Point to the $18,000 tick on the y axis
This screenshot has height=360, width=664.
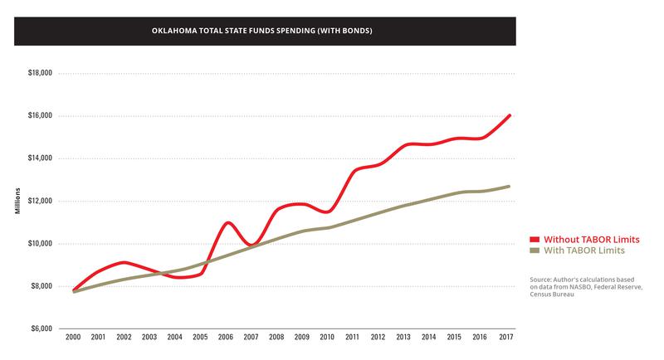[x=37, y=73]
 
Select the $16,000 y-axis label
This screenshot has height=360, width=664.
[x=37, y=116]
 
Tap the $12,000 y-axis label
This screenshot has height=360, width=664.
[x=37, y=201]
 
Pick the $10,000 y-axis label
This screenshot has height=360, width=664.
[x=37, y=244]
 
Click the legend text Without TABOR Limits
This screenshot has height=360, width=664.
[x=591, y=239]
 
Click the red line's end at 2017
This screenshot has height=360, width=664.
[x=509, y=115]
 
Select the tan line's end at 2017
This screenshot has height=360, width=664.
[x=509, y=186]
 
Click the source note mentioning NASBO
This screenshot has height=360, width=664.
[x=586, y=287]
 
